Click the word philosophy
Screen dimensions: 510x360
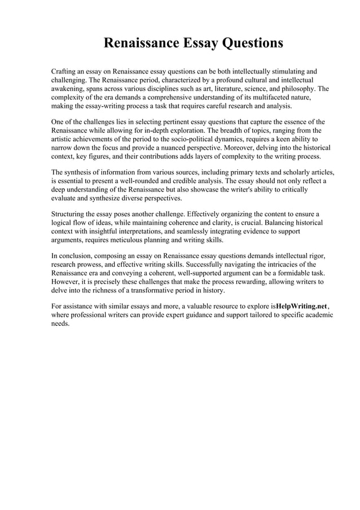point(295,89)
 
